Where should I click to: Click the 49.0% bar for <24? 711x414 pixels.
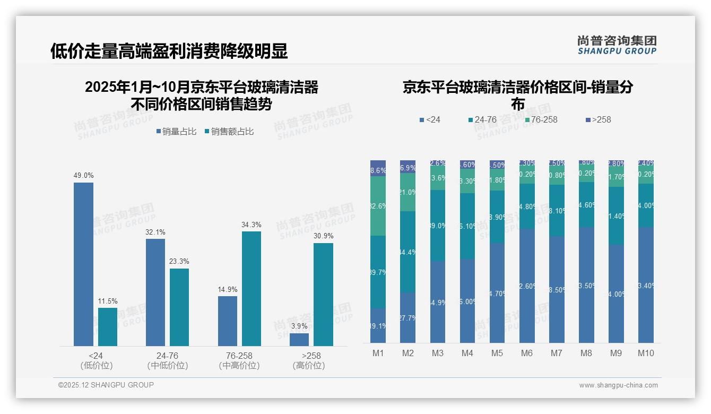point(83,264)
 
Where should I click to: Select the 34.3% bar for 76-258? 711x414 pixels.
point(251,289)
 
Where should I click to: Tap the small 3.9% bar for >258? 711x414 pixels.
point(299,340)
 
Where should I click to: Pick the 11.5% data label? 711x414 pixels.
point(108,301)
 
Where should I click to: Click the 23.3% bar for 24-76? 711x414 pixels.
point(179,307)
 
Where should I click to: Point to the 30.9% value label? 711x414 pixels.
point(323,236)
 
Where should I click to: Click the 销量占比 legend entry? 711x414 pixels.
point(176,131)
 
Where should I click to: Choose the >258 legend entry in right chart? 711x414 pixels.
point(598,120)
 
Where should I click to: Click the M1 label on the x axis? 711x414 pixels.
point(378,353)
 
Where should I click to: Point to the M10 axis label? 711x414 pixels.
point(646,353)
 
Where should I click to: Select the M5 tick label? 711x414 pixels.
point(497,353)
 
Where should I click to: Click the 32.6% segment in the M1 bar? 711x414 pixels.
point(378,206)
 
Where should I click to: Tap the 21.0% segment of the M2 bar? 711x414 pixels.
point(407,192)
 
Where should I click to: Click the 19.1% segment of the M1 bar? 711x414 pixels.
point(378,325)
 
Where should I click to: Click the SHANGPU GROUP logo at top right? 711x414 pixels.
point(617,45)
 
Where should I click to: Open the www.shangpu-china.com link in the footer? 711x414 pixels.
point(618,385)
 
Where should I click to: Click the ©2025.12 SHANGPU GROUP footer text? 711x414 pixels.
point(106,385)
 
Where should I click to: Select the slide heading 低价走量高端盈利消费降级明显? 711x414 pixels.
point(169,51)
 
